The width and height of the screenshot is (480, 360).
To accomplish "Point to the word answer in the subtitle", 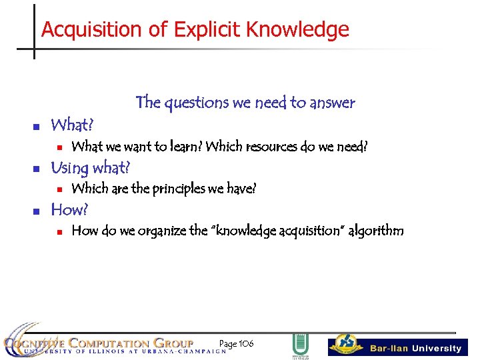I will pyautogui.click(x=331, y=103).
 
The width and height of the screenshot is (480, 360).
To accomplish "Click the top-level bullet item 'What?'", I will pyautogui.click(x=73, y=125).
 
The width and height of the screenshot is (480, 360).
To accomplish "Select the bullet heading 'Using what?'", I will pyautogui.click(x=91, y=167).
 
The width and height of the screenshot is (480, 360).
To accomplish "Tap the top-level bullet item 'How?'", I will pyautogui.click(x=69, y=210).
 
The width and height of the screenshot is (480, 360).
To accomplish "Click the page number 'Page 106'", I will pyautogui.click(x=236, y=343).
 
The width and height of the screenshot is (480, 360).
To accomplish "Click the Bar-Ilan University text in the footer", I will pyautogui.click(x=415, y=348).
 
